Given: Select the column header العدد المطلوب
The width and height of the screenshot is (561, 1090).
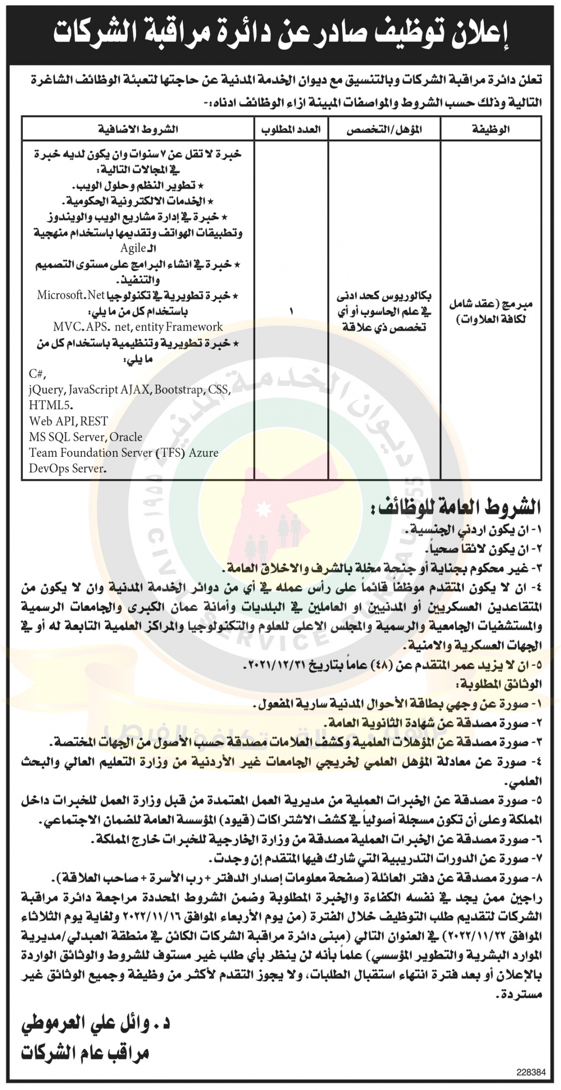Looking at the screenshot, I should coord(291,130).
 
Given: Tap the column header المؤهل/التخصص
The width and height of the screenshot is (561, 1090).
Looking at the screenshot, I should coord(384,130).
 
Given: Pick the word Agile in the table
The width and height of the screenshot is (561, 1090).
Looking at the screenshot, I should coord(133,248).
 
